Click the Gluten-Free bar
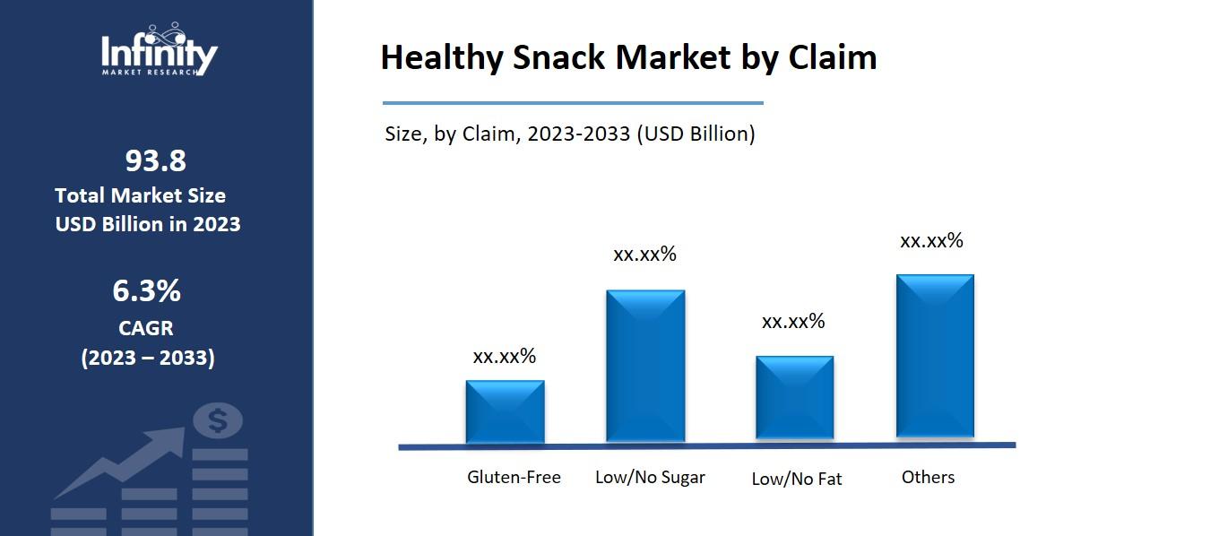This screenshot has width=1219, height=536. pyautogui.click(x=505, y=411)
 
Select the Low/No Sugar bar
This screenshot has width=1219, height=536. pyautogui.click(x=645, y=366)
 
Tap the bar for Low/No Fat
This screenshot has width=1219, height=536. pyautogui.click(x=794, y=398)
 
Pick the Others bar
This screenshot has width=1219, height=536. pyautogui.click(x=935, y=356)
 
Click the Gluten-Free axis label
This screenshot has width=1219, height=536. pyautogui.click(x=514, y=477)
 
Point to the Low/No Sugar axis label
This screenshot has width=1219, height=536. pyautogui.click(x=650, y=477)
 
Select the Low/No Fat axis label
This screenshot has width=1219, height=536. pyautogui.click(x=796, y=479)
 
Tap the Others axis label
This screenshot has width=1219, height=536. pyautogui.click(x=928, y=477)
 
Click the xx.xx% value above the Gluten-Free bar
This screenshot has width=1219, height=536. pyautogui.click(x=504, y=356)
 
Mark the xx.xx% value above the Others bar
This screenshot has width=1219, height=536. pyautogui.click(x=931, y=240)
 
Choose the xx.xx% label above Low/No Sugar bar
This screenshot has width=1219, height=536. pyautogui.click(x=644, y=254)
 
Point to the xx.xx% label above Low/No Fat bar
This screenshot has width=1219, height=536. pyautogui.click(x=793, y=321)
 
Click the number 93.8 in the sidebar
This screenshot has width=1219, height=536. pyautogui.click(x=155, y=160)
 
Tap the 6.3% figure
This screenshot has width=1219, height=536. pyautogui.click(x=146, y=290)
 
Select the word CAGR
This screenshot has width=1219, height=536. pyautogui.click(x=146, y=327)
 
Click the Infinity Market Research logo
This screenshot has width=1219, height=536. pyautogui.click(x=159, y=51)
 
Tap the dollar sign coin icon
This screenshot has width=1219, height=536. pyautogui.click(x=218, y=419)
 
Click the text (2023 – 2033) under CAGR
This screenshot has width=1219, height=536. pyautogui.click(x=148, y=358)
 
